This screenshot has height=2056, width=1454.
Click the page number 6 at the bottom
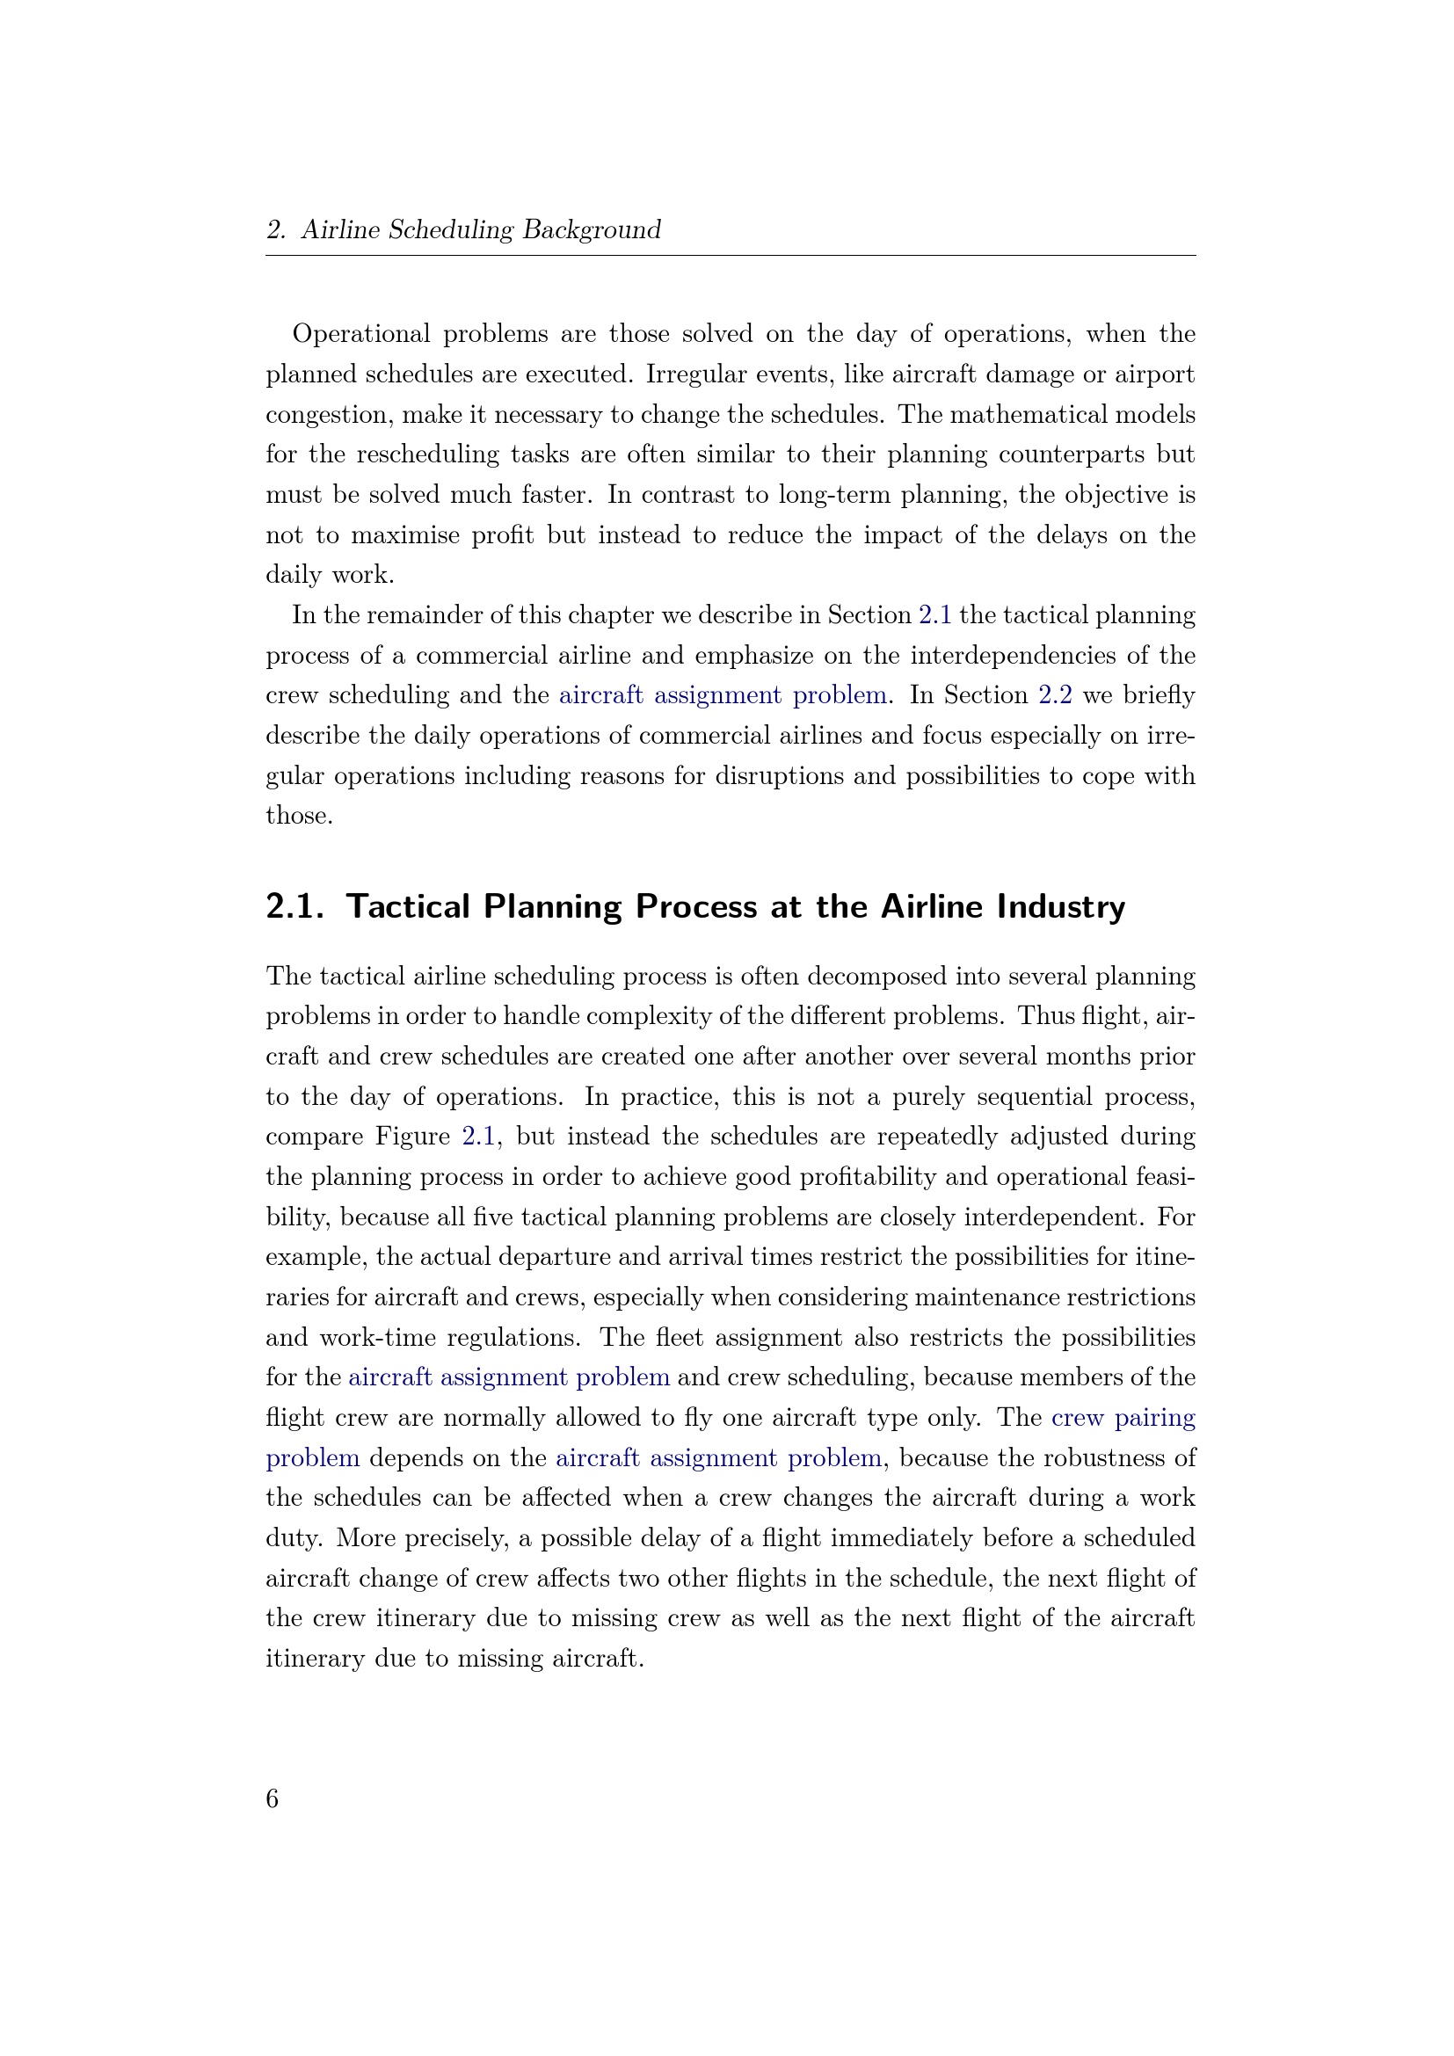(x=273, y=1798)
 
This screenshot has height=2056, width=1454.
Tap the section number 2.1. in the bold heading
(x=294, y=907)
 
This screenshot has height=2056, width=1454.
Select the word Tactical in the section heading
(x=408, y=907)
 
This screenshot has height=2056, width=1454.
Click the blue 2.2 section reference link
(x=1055, y=696)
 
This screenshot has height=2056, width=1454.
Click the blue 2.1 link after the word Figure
(x=479, y=1137)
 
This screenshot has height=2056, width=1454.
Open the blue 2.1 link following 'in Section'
(x=934, y=615)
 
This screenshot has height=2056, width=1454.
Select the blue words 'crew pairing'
(x=1123, y=1418)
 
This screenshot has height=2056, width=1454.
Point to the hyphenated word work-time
(x=373, y=1338)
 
